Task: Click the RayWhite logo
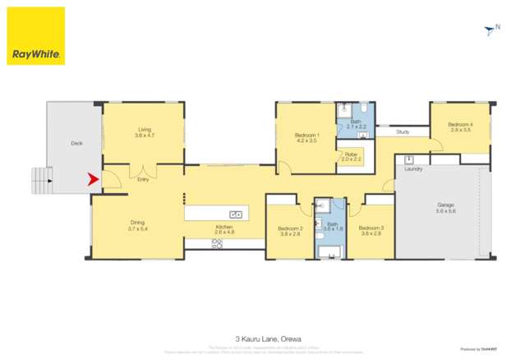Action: tap(36, 36)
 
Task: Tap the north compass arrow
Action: tap(490, 31)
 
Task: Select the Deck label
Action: tap(76, 143)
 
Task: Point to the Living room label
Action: tap(145, 129)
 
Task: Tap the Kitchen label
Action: tap(224, 227)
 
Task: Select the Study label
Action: tap(403, 132)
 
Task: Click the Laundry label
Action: tap(413, 169)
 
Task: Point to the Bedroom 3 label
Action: tap(371, 228)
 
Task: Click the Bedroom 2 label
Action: tap(290, 228)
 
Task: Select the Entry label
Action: tap(144, 179)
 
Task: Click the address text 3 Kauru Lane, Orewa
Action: tap(263, 337)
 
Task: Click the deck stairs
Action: tap(40, 178)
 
